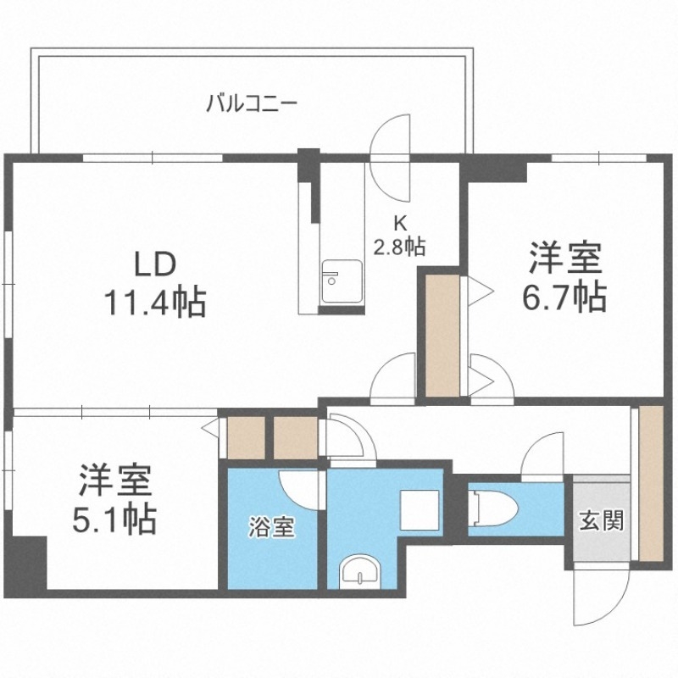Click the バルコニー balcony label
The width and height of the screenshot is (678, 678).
click(x=250, y=105)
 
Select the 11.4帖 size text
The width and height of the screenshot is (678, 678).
click(x=154, y=302)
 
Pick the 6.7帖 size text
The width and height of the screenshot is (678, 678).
click(x=566, y=297)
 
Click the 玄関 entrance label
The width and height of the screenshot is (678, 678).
click(x=602, y=520)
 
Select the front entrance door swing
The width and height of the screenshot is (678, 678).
click(x=598, y=598)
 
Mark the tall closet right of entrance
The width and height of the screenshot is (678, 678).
click(x=651, y=483)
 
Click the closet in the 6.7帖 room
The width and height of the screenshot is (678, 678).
click(x=442, y=335)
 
